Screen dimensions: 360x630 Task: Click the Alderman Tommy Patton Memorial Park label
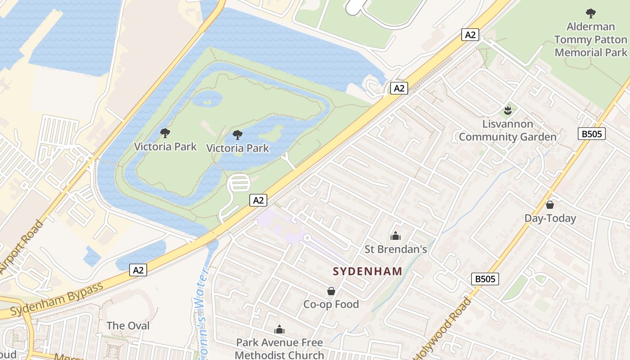pyautogui.click(x=590, y=40)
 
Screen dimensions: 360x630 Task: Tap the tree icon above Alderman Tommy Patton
pyautogui.click(x=590, y=13)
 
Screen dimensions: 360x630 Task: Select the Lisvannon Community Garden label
pyautogui.click(x=508, y=130)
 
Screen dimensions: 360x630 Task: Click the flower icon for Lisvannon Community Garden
pyautogui.click(x=508, y=110)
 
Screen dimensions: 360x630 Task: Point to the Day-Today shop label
pyautogui.click(x=550, y=219)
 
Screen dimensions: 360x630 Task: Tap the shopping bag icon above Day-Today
pyautogui.click(x=549, y=205)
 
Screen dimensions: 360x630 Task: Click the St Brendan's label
pyautogui.click(x=396, y=249)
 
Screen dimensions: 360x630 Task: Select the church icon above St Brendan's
pyautogui.click(x=396, y=235)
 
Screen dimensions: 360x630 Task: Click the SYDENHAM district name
pyautogui.click(x=368, y=271)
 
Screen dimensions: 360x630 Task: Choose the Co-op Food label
pyautogui.click(x=331, y=305)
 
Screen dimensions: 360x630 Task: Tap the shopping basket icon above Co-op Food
pyautogui.click(x=331, y=291)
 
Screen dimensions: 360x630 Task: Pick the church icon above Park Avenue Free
pyautogui.click(x=279, y=329)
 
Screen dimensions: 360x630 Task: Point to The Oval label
pyautogui.click(x=128, y=326)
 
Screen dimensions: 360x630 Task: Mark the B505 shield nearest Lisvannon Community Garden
pyautogui.click(x=591, y=134)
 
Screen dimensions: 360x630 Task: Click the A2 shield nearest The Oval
pyautogui.click(x=138, y=270)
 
